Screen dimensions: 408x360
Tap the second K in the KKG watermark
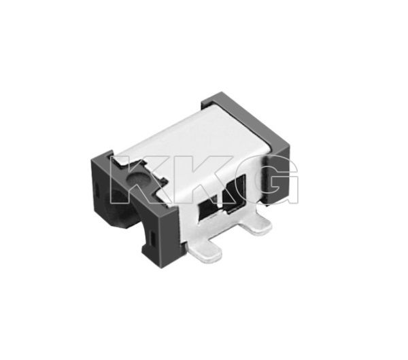point(192,179)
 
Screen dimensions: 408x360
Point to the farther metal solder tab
point(256,226)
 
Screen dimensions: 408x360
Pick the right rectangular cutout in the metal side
point(235,194)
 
